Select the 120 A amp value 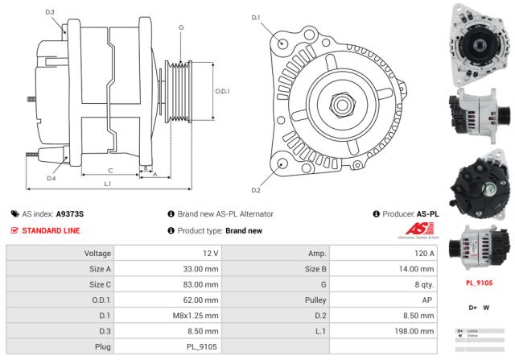pyautogui.click(x=424, y=254)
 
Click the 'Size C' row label pyautogui.click(x=100, y=284)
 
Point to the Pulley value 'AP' pyautogui.click(x=430, y=300)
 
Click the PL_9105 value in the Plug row pyautogui.click(x=202, y=346)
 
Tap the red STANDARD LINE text pyautogui.click(x=50, y=230)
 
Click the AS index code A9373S pyautogui.click(x=70, y=213)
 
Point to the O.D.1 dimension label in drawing pyautogui.click(x=223, y=91)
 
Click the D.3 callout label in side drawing pyautogui.click(x=50, y=12)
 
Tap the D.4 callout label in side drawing pyautogui.click(x=51, y=178)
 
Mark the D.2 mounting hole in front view pyautogui.click(x=281, y=163)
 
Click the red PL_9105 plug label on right pyautogui.click(x=480, y=283)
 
